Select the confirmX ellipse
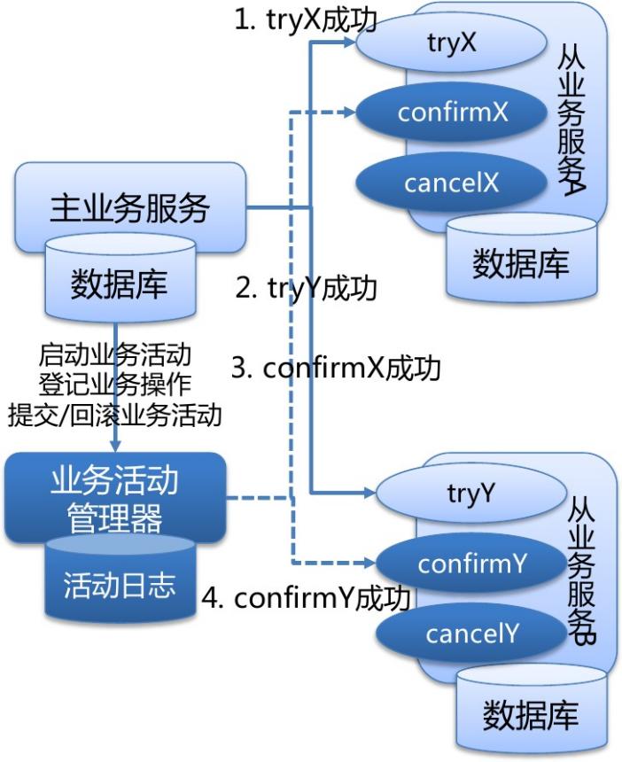pos(452,113)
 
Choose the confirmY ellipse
pos(472,564)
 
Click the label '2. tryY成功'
pos(307,288)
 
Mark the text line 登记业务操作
pos(115,385)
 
